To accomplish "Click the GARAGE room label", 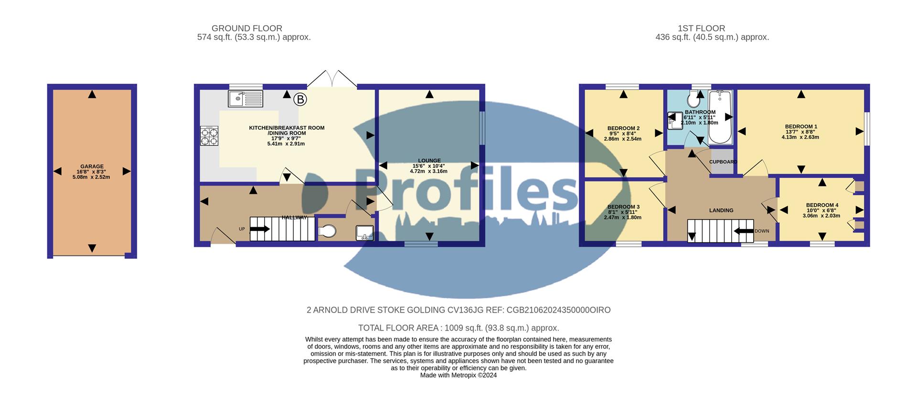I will (92, 166).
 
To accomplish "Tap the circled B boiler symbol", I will (300, 99).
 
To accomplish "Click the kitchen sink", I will (245, 99).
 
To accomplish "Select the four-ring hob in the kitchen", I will (209, 135).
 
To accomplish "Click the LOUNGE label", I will (429, 161).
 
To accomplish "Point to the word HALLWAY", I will (294, 218).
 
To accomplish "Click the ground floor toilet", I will (327, 232).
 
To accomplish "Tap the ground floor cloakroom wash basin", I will (364, 232).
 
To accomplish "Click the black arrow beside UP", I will (259, 229).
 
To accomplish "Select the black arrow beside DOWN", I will (744, 231).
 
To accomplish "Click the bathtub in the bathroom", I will (720, 117).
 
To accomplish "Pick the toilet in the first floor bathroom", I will (693, 99).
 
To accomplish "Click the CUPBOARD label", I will (723, 162).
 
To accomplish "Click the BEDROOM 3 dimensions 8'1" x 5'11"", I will (623, 212).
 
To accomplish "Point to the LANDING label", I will (721, 210).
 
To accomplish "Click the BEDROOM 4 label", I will (822, 205).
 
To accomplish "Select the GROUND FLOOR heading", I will (247, 29).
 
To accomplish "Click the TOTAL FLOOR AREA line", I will (458, 328).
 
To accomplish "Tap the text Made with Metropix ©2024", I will (458, 376).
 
